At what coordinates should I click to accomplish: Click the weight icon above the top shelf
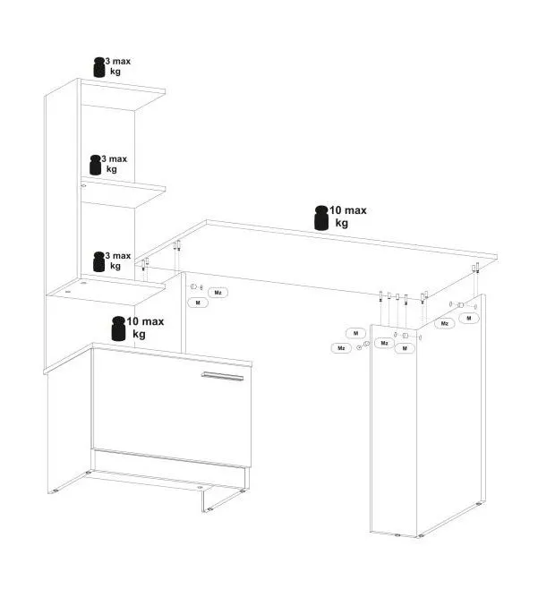point(99,67)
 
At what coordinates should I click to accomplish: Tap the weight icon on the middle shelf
point(96,165)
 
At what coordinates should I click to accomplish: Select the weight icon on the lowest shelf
point(99,261)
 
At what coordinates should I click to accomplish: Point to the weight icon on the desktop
point(321,218)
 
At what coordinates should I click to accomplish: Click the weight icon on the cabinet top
point(118,329)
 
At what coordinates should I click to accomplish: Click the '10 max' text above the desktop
point(348,210)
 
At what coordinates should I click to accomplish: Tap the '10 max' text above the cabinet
point(146,321)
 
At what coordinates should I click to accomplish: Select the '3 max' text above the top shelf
point(118,61)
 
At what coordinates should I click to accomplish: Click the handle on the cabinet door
point(222,376)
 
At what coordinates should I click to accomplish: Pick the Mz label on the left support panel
point(218,293)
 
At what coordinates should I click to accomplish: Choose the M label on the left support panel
point(198,303)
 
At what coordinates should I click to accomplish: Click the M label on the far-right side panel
point(469,318)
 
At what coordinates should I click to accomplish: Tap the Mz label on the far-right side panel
point(445,323)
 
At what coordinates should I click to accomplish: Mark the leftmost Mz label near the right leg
point(341,348)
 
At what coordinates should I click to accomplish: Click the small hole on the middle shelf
point(83,186)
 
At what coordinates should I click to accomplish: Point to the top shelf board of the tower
point(123,95)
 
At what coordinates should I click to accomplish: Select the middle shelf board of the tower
point(123,192)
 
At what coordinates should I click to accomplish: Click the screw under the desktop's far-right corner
point(477,268)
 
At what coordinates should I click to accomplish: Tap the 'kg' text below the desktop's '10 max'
point(342,223)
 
